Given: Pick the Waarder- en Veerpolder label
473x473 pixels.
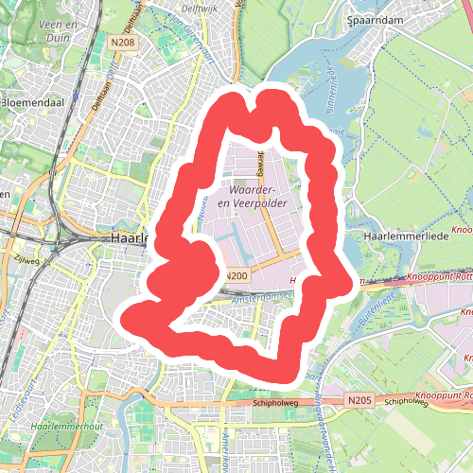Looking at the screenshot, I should click(252, 196).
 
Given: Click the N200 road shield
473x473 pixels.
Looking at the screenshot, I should click(236, 275).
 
